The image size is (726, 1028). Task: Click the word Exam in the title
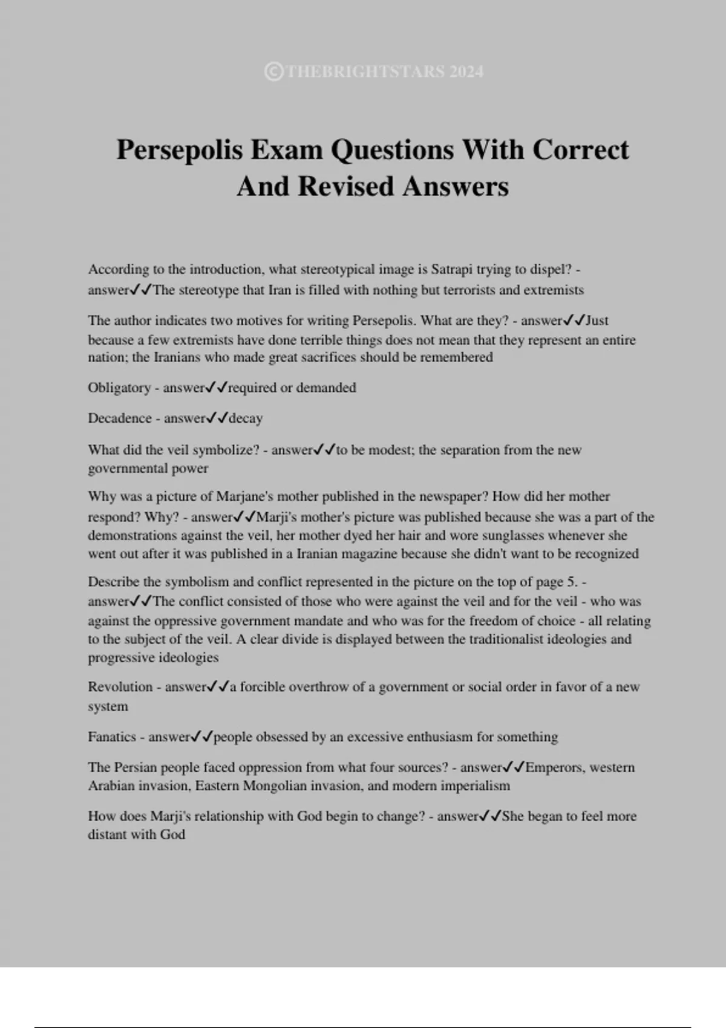click(287, 149)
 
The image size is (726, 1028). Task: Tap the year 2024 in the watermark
click(466, 72)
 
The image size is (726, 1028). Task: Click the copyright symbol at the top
click(273, 72)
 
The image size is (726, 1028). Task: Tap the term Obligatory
click(119, 388)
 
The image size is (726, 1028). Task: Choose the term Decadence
click(120, 418)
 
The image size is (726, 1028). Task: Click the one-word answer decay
click(246, 418)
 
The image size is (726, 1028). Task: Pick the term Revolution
click(120, 687)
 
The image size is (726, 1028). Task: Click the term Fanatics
click(112, 737)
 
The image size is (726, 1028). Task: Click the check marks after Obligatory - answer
click(217, 388)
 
